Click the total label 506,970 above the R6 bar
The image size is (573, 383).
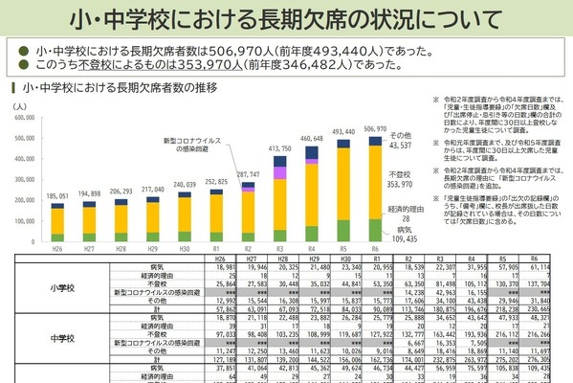coord(374,128)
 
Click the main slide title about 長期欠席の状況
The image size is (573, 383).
coord(286,18)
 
